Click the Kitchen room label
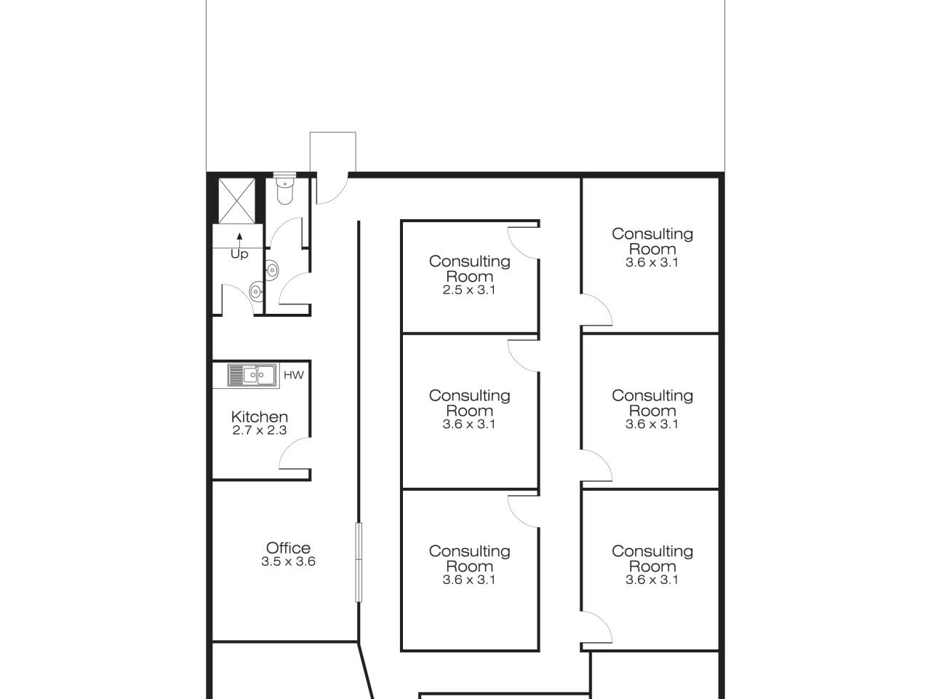click(260, 416)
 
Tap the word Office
click(288, 548)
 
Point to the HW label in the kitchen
click(294, 375)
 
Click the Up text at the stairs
click(239, 254)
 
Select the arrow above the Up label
click(239, 240)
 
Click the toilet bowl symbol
click(284, 190)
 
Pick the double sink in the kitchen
click(254, 375)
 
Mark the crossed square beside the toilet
click(236, 200)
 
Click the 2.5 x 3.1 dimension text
click(469, 290)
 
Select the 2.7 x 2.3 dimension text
click(260, 430)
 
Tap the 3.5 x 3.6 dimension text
click(289, 561)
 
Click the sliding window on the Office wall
click(359, 562)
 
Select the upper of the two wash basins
click(271, 269)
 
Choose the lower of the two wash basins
click(256, 291)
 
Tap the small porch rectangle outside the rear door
click(333, 152)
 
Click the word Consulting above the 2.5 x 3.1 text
click(470, 261)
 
